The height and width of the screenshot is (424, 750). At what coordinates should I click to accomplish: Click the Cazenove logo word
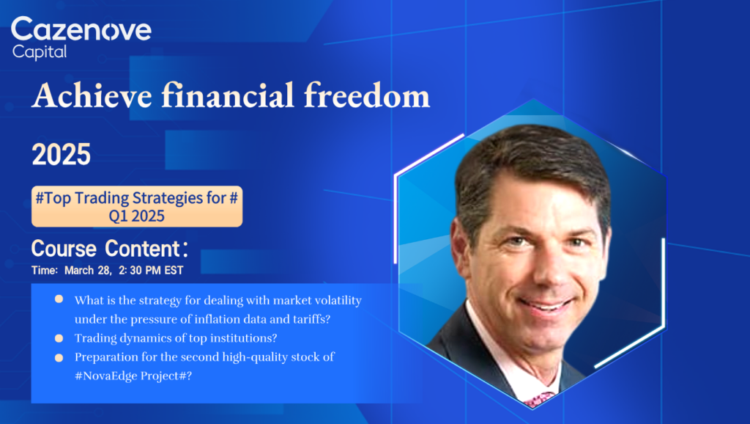click(81, 29)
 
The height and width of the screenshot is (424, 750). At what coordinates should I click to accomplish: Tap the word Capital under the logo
click(40, 52)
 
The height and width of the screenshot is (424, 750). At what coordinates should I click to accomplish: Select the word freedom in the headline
click(367, 95)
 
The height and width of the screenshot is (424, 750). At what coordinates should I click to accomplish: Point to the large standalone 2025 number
click(62, 154)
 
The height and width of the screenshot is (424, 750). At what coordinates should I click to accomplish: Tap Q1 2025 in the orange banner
click(137, 216)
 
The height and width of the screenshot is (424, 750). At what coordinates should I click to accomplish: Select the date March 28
click(88, 270)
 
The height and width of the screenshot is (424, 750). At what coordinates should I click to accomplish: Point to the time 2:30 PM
click(140, 270)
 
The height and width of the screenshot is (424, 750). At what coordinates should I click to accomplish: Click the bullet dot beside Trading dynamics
click(59, 338)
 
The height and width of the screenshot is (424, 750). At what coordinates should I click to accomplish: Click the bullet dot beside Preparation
click(59, 357)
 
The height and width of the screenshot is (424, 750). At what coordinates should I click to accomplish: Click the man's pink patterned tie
click(539, 399)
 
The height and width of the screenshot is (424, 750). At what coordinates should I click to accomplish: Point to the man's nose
click(550, 272)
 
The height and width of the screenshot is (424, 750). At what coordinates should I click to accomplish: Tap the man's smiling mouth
click(546, 304)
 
